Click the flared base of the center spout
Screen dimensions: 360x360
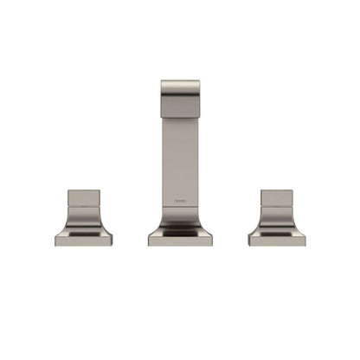(x=180, y=228)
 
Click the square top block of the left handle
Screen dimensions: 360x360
(x=84, y=198)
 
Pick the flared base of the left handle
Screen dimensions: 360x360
(x=84, y=227)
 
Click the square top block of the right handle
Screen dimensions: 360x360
(x=277, y=198)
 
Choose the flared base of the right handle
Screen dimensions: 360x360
(x=277, y=227)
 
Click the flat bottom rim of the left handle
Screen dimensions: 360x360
(x=84, y=241)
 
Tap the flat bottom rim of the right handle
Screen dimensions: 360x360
(x=277, y=241)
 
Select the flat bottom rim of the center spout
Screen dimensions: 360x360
(x=180, y=241)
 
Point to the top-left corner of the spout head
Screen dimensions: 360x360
(x=162, y=82)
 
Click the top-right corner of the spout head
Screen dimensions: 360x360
(x=199, y=82)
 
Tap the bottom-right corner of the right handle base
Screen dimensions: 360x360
(x=304, y=245)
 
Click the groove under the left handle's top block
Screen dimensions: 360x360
(x=84, y=209)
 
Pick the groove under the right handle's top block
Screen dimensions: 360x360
(x=277, y=209)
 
